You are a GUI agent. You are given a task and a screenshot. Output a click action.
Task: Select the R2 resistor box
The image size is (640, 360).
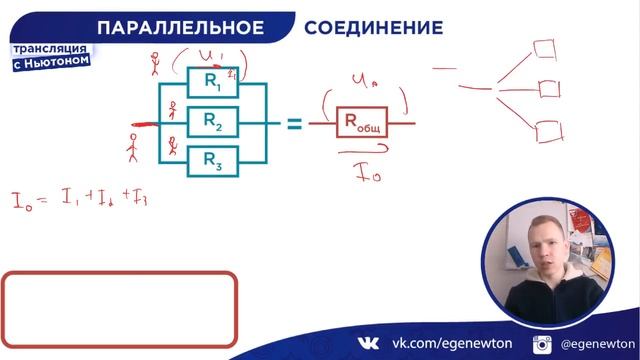click(213, 121)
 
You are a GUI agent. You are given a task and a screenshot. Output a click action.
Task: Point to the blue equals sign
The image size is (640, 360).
click(294, 123)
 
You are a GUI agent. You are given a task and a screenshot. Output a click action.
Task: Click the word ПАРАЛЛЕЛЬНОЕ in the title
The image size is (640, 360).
click(187, 27)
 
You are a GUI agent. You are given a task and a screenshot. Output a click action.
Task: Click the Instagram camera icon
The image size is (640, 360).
click(543, 344)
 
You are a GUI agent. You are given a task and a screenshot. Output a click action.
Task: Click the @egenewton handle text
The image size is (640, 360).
click(594, 343)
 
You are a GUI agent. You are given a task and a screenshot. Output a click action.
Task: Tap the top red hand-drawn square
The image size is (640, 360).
click(545, 47)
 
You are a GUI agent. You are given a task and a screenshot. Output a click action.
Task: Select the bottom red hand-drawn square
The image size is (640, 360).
click(546, 131)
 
